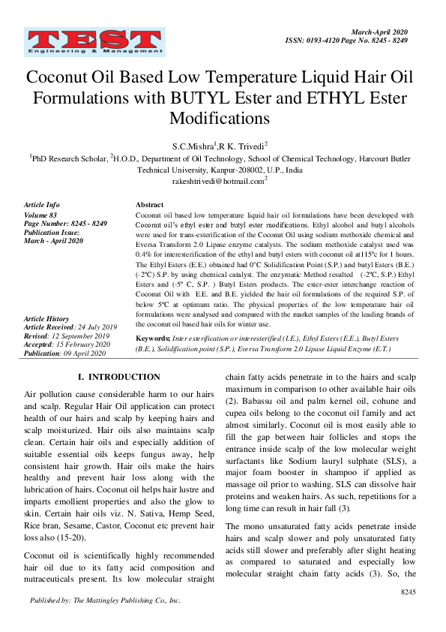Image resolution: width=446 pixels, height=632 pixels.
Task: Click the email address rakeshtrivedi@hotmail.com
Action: pos(220,181)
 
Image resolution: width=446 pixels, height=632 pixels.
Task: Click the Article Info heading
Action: pos(42,205)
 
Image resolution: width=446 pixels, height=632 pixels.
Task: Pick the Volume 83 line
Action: pos(41,215)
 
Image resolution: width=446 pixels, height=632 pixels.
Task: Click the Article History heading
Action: pos(46,319)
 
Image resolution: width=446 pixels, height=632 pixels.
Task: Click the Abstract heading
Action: pos(149,205)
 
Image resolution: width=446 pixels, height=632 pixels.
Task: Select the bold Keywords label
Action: pos(153,339)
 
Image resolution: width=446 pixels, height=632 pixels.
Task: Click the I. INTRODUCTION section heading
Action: pos(119,377)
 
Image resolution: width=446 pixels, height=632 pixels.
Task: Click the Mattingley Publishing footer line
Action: pos(105,600)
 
